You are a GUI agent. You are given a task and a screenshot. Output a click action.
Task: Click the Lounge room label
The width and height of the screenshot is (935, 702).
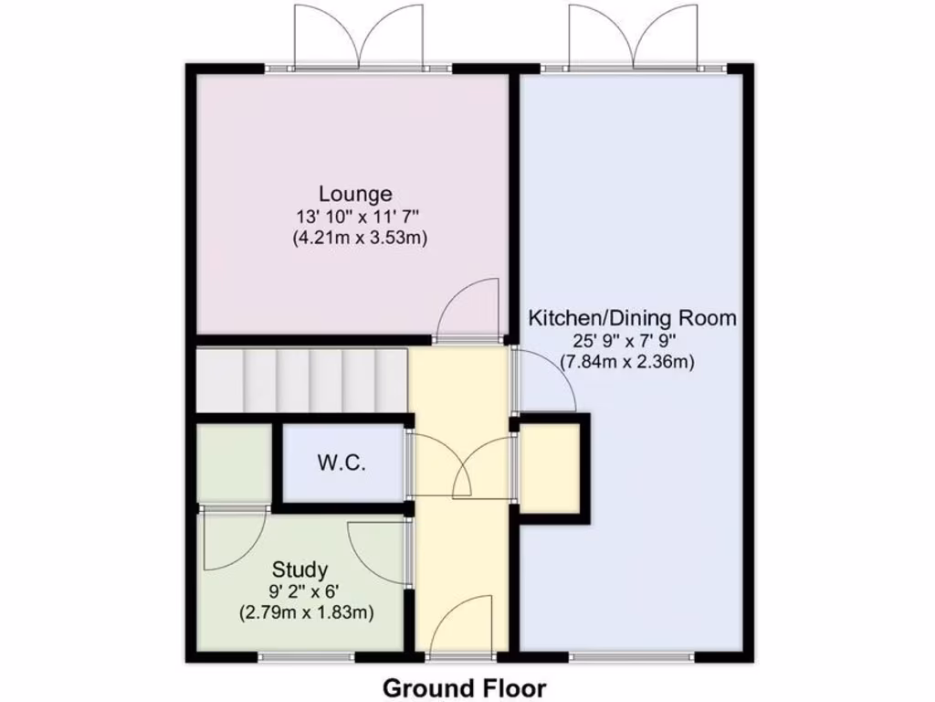pos(355,194)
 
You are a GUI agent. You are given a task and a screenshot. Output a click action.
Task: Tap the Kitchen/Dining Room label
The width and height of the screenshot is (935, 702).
pos(633,318)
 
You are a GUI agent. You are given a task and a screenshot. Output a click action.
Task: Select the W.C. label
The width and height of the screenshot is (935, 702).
pos(341,463)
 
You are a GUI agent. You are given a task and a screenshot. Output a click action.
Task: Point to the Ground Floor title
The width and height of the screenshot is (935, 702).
pos(464,686)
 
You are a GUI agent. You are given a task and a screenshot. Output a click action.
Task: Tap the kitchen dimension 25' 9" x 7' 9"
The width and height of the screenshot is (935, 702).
pos(626,341)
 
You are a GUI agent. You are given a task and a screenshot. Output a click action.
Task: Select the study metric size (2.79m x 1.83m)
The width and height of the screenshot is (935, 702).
pos(306,612)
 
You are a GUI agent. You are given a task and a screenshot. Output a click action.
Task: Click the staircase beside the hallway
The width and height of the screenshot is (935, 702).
pos(301,380)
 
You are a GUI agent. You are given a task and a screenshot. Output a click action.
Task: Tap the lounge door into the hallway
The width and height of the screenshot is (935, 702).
pos(467,309)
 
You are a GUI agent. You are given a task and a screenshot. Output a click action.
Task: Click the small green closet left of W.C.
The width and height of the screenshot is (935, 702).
pos(234,463)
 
